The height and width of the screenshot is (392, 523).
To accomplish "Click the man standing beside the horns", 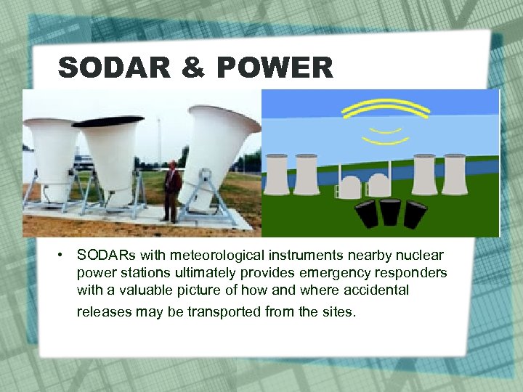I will click(x=172, y=191).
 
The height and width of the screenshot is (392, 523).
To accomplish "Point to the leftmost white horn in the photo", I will click(x=50, y=149).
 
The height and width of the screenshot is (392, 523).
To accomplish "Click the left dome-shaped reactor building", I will click(x=351, y=188).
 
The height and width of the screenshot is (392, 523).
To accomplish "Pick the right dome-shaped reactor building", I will click(x=378, y=188).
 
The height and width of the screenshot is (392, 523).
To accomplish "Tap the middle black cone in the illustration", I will click(x=389, y=211).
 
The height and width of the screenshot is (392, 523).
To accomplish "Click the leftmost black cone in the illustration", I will click(x=365, y=214).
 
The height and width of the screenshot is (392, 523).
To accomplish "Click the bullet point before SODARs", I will click(x=65, y=256).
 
